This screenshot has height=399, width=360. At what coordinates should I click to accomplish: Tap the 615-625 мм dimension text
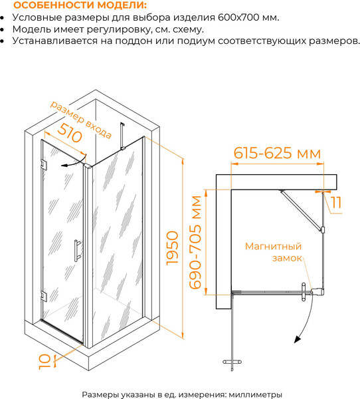(x=277, y=153)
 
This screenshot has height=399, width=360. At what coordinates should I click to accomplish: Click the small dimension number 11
(x=337, y=203)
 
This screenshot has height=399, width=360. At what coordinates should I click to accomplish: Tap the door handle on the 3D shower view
(x=78, y=251)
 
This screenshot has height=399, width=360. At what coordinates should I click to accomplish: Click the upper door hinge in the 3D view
(x=43, y=164)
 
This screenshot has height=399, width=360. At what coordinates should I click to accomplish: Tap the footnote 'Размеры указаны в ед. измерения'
(x=153, y=393)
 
